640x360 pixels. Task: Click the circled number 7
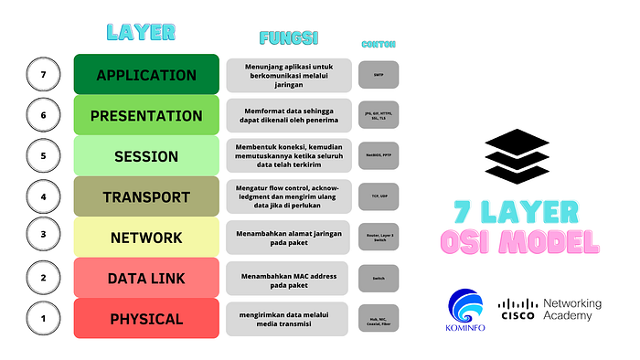[43, 75]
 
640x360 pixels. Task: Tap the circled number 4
[43, 196]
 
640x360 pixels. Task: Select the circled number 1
[43, 319]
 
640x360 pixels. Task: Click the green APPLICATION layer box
[146, 75]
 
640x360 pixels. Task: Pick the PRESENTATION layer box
[146, 116]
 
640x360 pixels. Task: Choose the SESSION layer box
[146, 156]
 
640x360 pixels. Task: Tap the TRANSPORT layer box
[146, 196]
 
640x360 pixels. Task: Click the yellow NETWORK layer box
[146, 238]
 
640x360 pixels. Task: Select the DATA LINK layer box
[146, 278]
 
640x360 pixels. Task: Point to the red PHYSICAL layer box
[146, 319]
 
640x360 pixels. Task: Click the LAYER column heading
[141, 32]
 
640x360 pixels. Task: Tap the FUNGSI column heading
[288, 39]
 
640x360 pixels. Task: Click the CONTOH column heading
[379, 44]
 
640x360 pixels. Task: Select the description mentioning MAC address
[288, 278]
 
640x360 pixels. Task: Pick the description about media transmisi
[288, 319]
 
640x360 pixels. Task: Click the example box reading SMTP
[379, 75]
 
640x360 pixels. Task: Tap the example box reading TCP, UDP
[379, 196]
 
